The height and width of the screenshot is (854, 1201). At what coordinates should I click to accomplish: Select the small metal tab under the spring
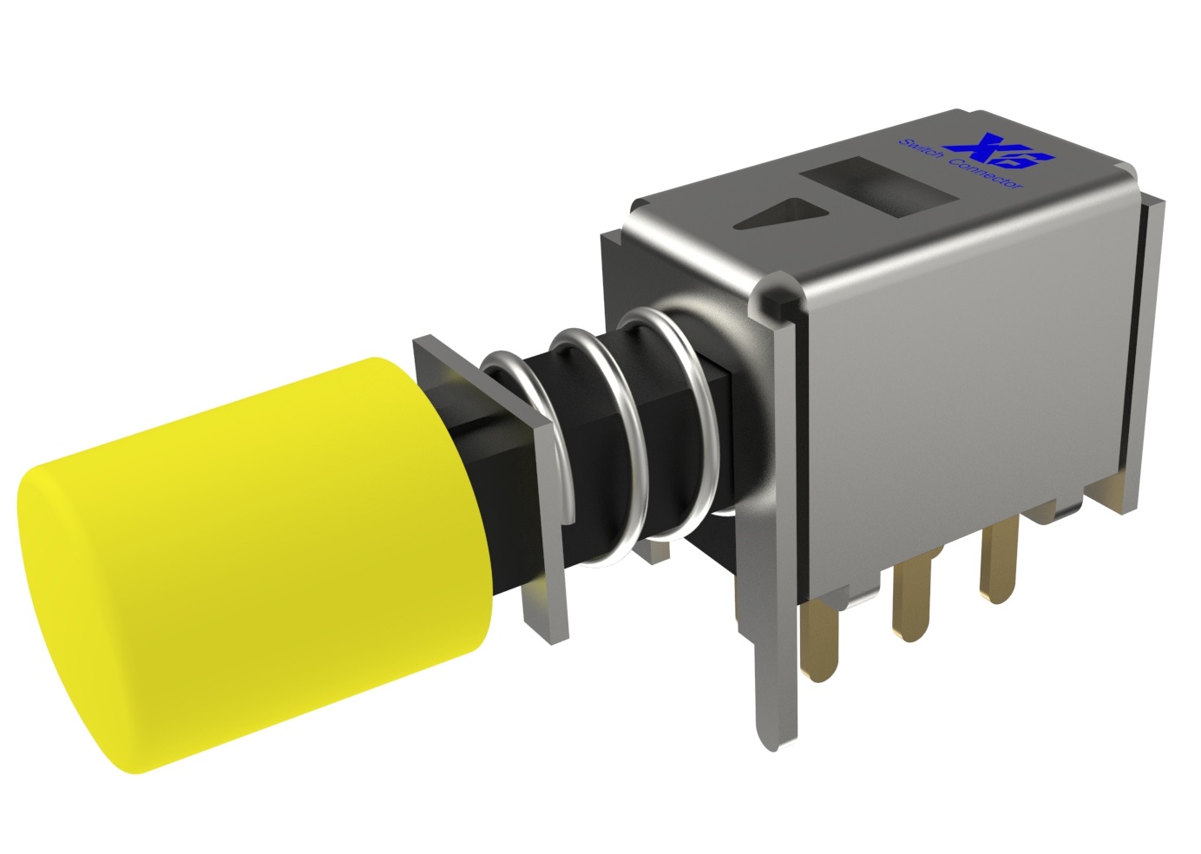(646, 549)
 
